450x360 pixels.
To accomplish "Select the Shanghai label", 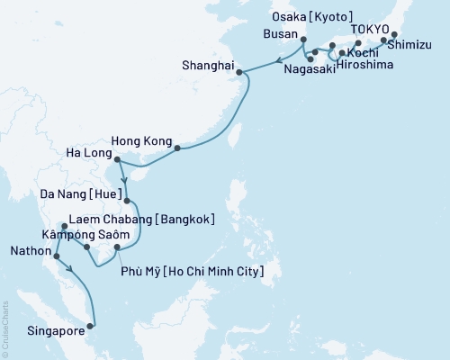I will (208, 67).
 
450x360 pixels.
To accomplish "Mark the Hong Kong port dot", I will (177, 148).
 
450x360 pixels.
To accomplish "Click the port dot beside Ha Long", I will (119, 162).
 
